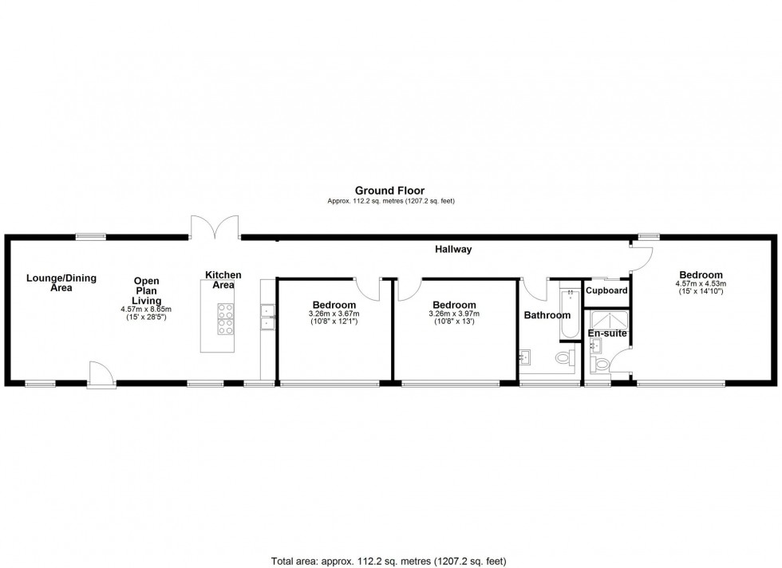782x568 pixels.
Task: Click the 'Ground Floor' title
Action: (390, 190)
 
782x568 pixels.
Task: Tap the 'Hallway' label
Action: (453, 250)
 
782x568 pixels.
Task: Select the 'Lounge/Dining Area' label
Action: (61, 282)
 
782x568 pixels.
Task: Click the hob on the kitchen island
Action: (225, 319)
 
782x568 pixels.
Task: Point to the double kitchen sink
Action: (267, 317)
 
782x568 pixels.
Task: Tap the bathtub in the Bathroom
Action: (566, 315)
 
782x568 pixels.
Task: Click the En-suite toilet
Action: (600, 365)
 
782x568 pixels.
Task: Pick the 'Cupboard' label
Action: (607, 290)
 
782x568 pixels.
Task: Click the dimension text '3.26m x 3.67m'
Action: (334, 314)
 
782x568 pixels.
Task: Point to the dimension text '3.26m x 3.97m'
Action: (454, 314)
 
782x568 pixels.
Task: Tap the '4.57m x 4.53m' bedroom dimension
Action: (701, 283)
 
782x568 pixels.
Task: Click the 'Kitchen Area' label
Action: (223, 280)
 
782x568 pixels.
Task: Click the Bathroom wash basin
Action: (526, 355)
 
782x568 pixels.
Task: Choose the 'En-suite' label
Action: (607, 333)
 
